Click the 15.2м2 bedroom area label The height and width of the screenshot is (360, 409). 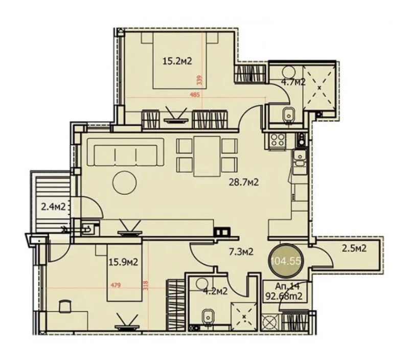point(177,62)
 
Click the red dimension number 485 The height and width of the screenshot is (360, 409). point(194,95)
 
